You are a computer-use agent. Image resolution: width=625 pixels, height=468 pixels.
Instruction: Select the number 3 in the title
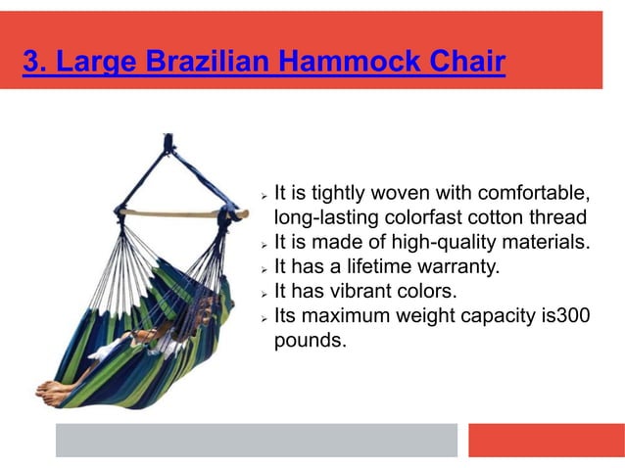point(31,63)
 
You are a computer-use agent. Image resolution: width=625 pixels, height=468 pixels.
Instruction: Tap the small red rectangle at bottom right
point(546,440)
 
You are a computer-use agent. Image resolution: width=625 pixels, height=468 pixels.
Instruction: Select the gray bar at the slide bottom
point(256,440)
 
